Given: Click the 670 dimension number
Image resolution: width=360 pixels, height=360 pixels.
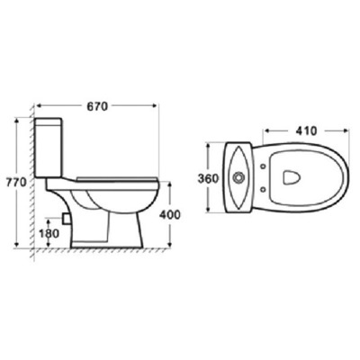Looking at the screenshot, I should [x=97, y=106].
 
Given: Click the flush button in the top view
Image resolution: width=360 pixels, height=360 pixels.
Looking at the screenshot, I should [x=237, y=177].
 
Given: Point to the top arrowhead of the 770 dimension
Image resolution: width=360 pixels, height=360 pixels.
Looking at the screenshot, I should [x=19, y=118].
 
